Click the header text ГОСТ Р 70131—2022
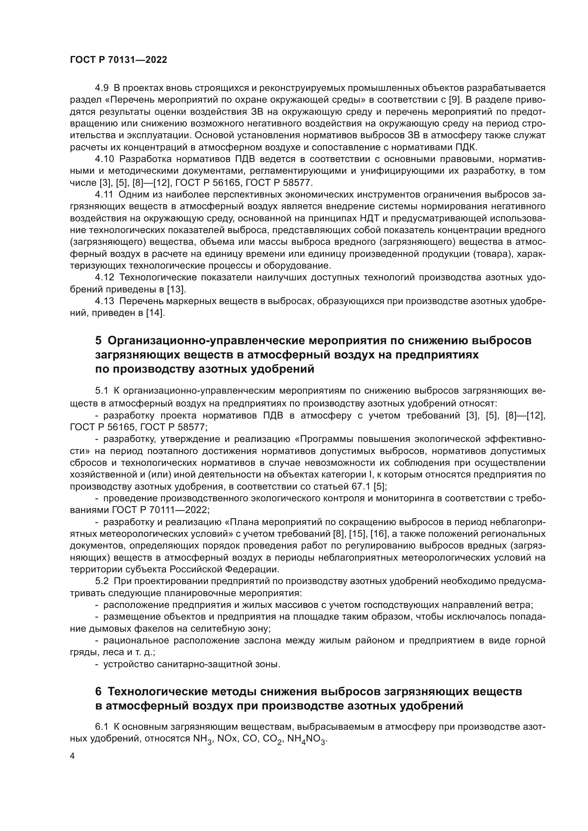pos(118,60)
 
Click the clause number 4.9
pos(102,88)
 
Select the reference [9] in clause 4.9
pos(454,100)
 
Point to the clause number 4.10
pos(104,159)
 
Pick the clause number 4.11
pos(104,195)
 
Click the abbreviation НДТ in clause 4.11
pos(370,218)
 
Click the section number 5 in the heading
pos(98,341)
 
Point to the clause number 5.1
pos(102,391)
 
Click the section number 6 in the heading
pos(98,692)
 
